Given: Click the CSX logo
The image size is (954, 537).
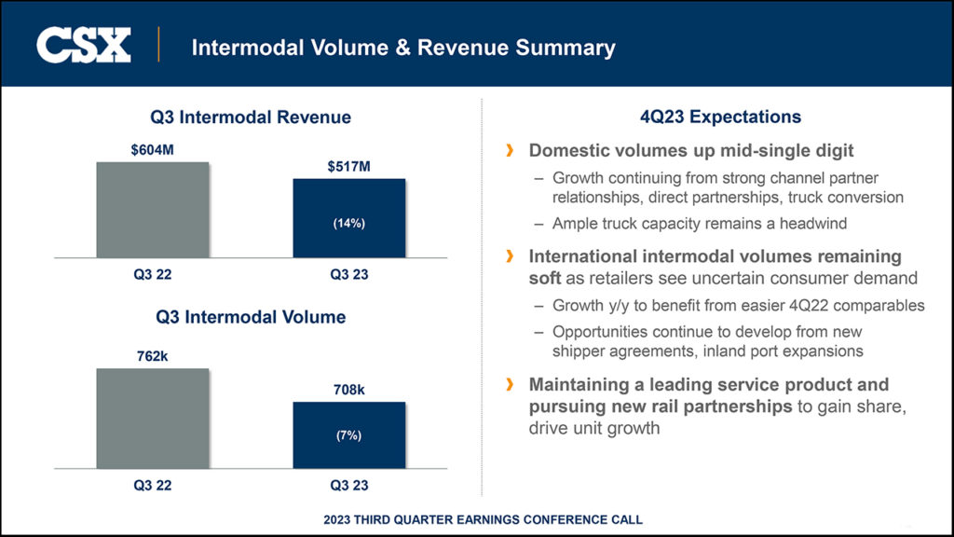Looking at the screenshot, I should coord(83,45).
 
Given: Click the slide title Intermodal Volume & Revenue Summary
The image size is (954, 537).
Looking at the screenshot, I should coord(402,47).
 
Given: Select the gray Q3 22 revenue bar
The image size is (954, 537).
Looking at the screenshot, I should coord(153,210).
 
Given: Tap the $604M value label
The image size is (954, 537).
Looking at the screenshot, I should coord(153,149).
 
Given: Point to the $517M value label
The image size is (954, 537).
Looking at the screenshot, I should coord(349,167).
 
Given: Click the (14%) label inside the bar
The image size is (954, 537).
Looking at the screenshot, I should coord(349,224).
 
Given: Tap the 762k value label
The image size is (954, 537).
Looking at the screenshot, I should coord(153,356).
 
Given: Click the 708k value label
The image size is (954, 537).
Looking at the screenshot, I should coord(349,390).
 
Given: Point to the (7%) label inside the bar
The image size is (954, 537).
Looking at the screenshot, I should coord(349,435).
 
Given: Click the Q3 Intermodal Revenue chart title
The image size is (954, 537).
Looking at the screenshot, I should coord(251,117).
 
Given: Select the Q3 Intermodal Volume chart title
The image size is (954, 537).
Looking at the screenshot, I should coord(251,317).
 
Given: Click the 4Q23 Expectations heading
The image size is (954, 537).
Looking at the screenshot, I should coord(720,117).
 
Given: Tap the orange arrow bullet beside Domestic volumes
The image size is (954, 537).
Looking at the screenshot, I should coord(509,150).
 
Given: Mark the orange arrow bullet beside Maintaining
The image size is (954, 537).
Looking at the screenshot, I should coord(509,384).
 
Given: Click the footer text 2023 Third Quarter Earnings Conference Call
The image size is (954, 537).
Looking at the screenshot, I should coord(483,519).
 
